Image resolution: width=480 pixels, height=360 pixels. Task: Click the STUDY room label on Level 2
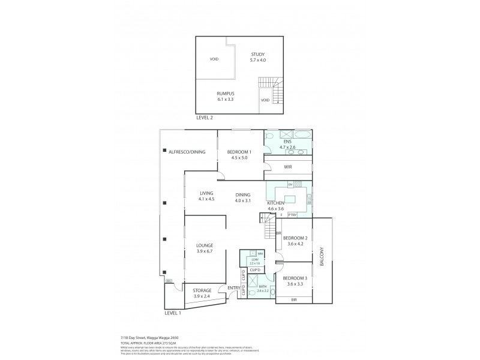click(257, 58)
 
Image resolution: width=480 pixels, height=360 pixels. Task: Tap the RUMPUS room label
click(225, 95)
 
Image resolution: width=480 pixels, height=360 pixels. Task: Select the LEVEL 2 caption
click(205, 118)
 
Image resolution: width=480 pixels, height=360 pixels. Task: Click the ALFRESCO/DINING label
click(187, 152)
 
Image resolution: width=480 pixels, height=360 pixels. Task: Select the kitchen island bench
click(290, 200)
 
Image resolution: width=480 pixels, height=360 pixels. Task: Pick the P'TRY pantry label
click(292, 215)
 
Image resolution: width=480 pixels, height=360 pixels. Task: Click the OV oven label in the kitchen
click(290, 184)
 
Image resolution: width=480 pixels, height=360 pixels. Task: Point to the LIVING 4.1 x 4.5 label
click(206, 196)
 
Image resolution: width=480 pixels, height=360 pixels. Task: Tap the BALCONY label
click(322, 258)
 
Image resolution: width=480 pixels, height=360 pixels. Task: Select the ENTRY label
click(233, 289)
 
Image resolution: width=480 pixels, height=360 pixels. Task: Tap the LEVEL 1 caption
click(173, 313)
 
